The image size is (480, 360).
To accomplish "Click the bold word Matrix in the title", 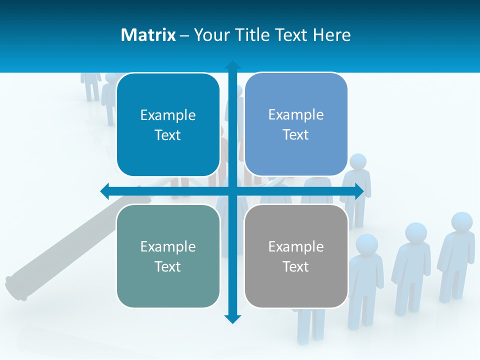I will (x=148, y=35).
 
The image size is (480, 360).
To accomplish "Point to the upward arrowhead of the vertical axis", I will (x=232, y=65).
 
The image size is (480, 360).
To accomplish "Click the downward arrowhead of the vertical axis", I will (x=232, y=318).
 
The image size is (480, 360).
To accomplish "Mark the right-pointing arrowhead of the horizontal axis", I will (x=359, y=191).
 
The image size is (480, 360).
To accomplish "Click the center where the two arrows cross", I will (x=232, y=191).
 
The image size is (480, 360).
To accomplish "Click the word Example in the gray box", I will (x=296, y=246).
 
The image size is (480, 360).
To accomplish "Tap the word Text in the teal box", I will (x=168, y=266).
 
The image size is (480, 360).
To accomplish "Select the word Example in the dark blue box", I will (x=168, y=115).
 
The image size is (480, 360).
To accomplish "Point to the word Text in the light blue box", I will (x=296, y=134).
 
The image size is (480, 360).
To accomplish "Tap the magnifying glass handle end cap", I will (x=14, y=287).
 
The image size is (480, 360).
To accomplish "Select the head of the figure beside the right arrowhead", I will (x=358, y=162).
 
